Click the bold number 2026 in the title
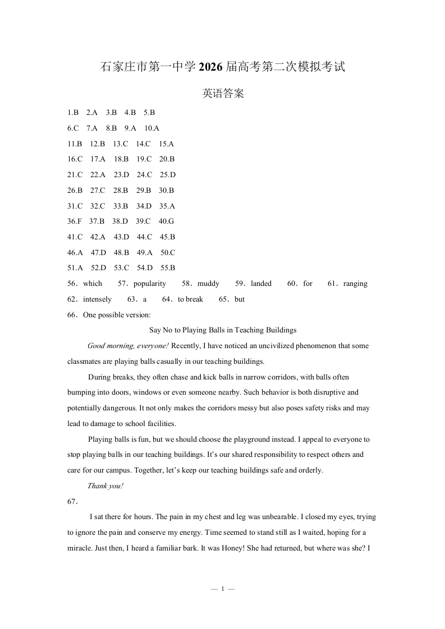point(210,67)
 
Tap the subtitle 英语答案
point(223,94)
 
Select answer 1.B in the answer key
point(73,112)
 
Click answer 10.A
point(152,128)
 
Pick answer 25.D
point(168,174)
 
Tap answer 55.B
point(168,268)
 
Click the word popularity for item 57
point(150,284)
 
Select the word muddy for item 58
point(209,284)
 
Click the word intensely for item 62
point(97,299)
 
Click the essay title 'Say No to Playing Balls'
point(223,330)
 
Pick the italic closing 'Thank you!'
point(105,486)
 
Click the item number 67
point(72,501)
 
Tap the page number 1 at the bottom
point(223,589)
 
